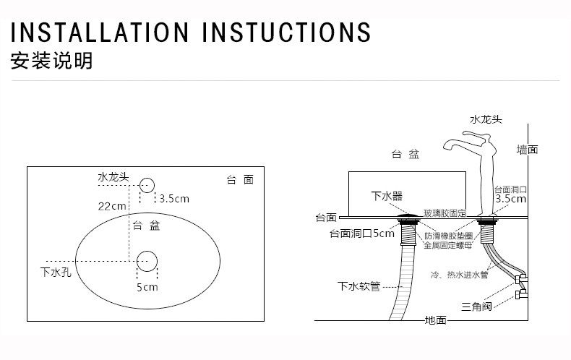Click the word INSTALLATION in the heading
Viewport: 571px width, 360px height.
100,33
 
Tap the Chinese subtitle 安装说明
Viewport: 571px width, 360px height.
51,61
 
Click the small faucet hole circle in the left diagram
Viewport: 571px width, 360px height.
147,186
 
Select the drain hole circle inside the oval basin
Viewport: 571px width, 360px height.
147,261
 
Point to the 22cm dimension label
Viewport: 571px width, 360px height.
112,206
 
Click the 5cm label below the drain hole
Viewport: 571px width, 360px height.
147,287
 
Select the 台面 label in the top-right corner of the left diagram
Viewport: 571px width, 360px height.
240,180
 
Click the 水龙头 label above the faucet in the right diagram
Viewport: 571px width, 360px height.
485,119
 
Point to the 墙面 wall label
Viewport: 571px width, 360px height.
527,150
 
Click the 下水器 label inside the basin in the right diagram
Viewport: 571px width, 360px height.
387,196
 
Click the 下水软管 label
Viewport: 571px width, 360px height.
359,286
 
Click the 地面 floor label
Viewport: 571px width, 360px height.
436,320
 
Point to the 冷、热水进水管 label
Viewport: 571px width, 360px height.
459,275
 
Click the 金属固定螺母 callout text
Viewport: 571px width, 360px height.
448,245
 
